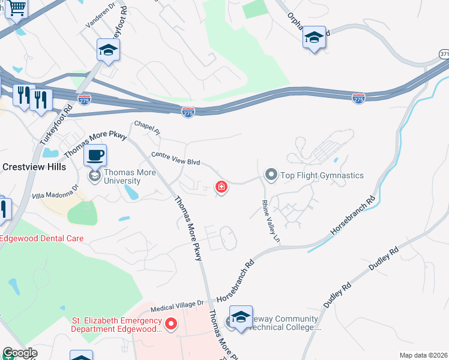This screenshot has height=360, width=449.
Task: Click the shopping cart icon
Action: click(x=17, y=9)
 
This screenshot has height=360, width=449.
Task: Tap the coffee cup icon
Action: click(x=95, y=156)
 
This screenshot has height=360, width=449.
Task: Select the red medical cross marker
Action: click(x=221, y=188)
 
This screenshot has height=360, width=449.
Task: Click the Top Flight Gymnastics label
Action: click(x=322, y=175)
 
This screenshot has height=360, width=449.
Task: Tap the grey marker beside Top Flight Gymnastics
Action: click(x=271, y=175)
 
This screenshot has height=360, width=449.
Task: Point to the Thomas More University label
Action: click(x=130, y=177)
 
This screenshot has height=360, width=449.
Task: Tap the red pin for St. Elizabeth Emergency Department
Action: click(x=171, y=325)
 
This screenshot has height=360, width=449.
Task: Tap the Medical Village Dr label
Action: click(x=178, y=307)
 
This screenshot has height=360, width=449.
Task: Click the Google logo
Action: click(x=19, y=353)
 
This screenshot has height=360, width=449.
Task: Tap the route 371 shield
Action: click(x=444, y=54)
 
